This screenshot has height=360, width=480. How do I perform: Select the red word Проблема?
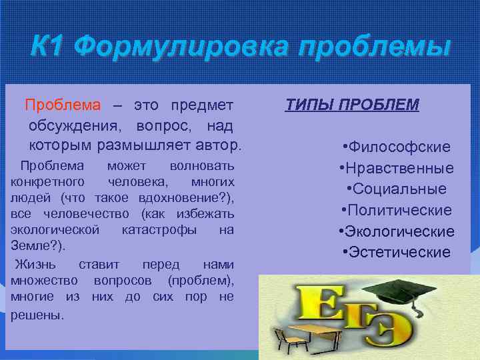pos(63,105)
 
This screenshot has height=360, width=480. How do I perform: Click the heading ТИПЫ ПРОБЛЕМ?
pos(352,105)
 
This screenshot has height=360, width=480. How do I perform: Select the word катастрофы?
pos(159,230)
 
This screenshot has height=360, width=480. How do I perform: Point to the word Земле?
pos(26,246)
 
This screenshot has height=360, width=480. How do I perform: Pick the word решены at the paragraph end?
pos(37,315)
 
